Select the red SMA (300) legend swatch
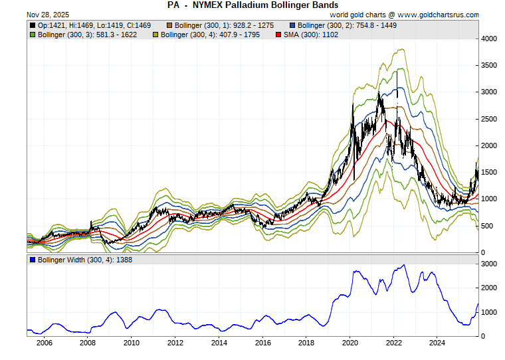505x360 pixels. (278, 35)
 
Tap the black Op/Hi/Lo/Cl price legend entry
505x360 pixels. (90, 25)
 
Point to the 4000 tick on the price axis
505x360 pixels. (488, 39)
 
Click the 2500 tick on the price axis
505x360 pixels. (488, 119)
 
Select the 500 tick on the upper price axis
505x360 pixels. (486, 226)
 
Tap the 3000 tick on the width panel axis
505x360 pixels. (488, 264)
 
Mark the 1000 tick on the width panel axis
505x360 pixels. (488, 312)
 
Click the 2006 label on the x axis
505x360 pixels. (44, 343)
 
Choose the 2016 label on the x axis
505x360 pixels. (263, 343)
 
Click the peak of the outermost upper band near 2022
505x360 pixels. (400, 49)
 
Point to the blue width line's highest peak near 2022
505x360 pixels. (403, 265)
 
